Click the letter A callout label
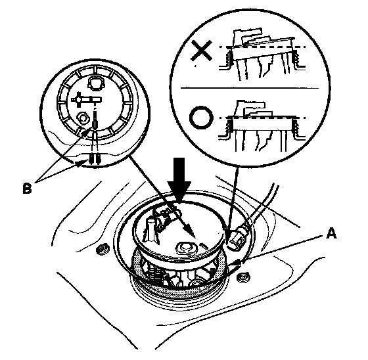tap(331, 233)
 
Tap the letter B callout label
tap(27, 189)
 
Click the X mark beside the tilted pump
tap(202, 50)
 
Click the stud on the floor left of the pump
tap(103, 249)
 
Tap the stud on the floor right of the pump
tap(243, 278)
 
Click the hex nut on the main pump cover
tap(185, 248)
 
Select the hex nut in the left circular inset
tap(83, 117)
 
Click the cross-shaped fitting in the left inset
tap(86, 100)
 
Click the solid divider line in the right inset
tap(250, 88)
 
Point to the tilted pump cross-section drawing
tap(262, 55)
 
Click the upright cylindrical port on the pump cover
tap(151, 230)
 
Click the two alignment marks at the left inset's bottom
tap(95, 158)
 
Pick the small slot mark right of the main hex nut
tap(203, 246)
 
